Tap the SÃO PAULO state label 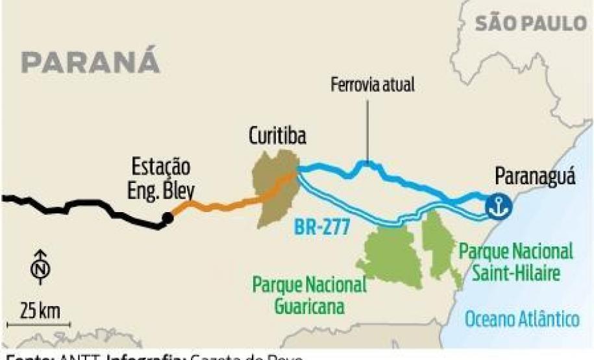point(530,24)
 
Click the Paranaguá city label point(534,176)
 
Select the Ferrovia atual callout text point(372,84)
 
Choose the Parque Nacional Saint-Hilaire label point(517,261)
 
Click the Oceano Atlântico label point(522,318)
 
